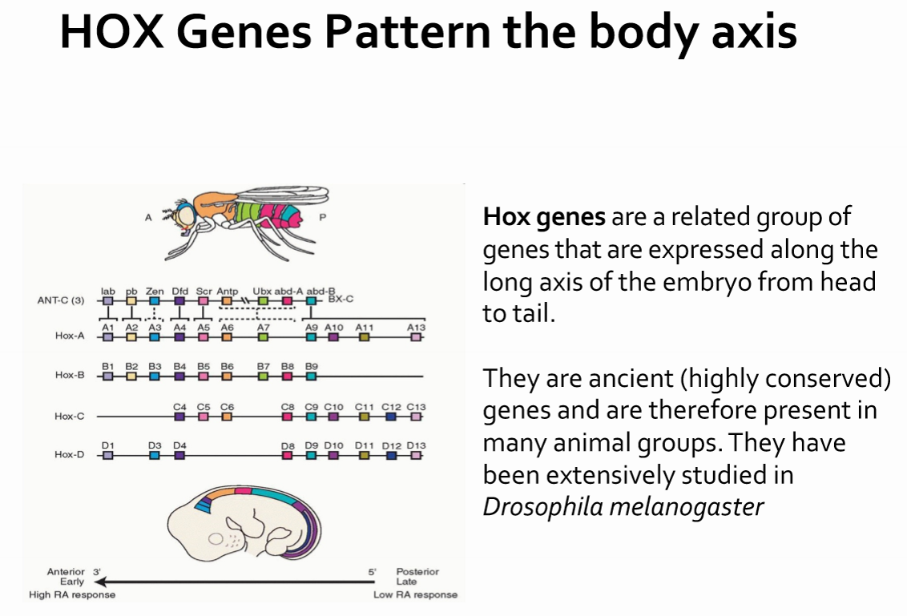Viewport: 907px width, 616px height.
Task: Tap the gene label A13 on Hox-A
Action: [x=415, y=328]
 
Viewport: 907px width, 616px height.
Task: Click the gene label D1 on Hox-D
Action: [x=107, y=445]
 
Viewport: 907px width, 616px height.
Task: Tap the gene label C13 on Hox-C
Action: [x=416, y=406]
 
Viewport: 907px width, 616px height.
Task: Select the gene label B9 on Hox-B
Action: [x=312, y=367]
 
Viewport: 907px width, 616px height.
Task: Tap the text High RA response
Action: [x=72, y=594]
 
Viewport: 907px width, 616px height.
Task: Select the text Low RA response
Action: [x=415, y=594]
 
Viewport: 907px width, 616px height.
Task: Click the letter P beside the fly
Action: [x=323, y=217]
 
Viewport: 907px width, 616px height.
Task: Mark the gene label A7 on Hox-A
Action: [x=263, y=328]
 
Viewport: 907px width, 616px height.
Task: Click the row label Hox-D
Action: [x=70, y=454]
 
